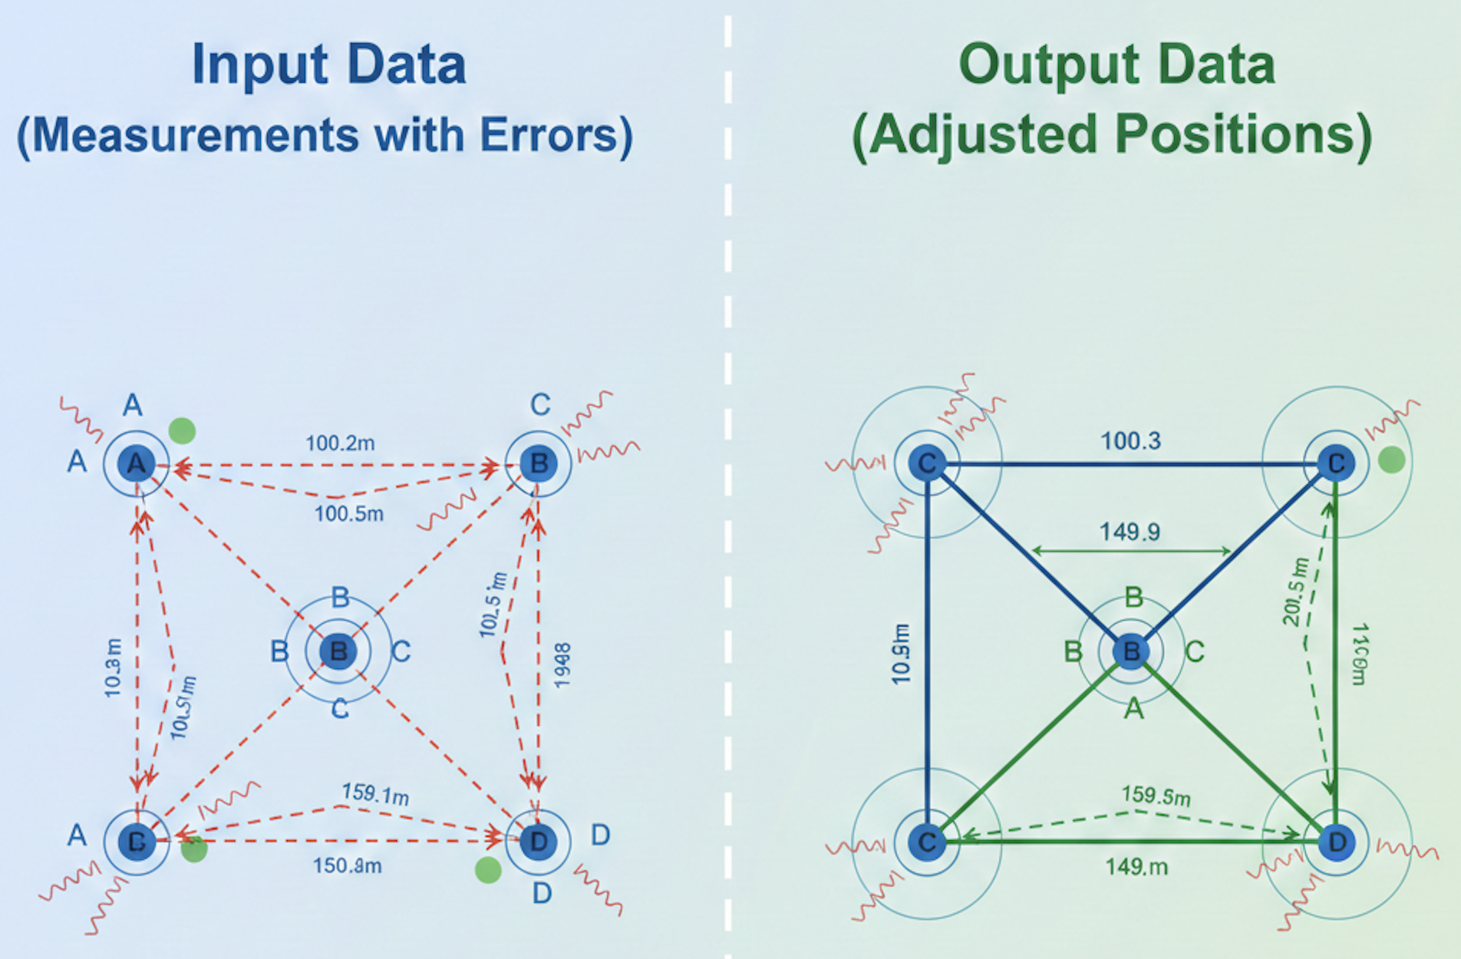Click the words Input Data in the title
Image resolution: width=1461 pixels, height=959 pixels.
click(328, 64)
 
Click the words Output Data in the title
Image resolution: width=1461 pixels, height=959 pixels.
click(1116, 64)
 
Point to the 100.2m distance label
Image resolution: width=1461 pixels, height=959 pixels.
click(340, 443)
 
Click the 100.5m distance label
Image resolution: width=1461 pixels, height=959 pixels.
click(349, 513)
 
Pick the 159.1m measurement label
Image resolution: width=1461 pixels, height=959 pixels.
click(375, 793)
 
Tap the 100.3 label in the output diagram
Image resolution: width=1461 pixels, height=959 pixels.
click(1131, 441)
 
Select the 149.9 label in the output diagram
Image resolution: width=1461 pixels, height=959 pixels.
click(1130, 531)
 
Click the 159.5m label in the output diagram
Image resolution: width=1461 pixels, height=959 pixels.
click(1156, 796)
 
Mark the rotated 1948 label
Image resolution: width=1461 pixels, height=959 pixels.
click(562, 665)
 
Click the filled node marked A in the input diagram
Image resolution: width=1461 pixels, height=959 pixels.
click(137, 463)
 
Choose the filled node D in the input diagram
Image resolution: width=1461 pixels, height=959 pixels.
click(539, 842)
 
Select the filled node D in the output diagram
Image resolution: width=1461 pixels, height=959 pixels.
click(1337, 842)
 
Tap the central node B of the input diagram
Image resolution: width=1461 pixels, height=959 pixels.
click(338, 651)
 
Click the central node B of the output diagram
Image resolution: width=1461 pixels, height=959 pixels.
click(1131, 651)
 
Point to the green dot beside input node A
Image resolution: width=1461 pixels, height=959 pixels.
click(182, 430)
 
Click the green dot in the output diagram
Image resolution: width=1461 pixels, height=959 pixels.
click(1391, 460)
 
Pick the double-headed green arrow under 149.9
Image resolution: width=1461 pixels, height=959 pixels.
click(1131, 550)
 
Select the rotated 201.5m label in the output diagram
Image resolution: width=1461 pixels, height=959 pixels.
click(1295, 592)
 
